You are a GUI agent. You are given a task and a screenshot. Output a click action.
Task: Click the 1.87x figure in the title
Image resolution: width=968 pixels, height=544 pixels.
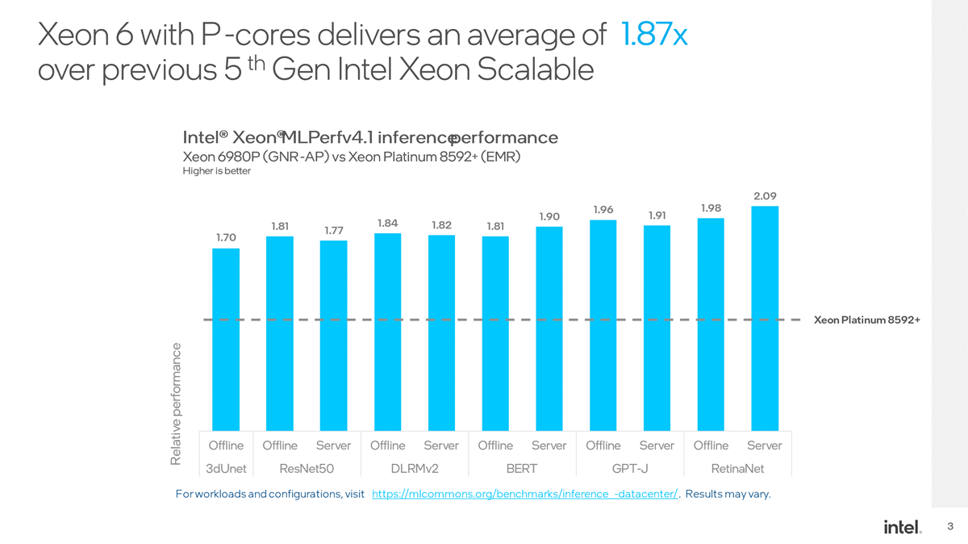[654, 35]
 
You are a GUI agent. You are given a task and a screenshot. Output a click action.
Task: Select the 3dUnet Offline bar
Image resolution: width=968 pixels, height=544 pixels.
[226, 339]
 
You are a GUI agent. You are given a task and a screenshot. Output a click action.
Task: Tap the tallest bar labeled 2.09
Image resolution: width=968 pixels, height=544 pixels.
[765, 318]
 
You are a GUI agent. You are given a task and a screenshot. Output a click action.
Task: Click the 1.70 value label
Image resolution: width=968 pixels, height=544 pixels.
[226, 237]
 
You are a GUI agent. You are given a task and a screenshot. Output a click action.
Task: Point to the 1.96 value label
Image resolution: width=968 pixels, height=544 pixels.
[603, 210]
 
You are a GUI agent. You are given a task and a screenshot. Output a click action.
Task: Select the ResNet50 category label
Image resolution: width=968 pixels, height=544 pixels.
[307, 468]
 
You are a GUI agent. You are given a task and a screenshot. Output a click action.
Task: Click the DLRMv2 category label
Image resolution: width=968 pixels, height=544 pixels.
[415, 468]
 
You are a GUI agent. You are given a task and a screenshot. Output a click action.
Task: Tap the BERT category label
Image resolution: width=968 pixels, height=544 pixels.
[522, 468]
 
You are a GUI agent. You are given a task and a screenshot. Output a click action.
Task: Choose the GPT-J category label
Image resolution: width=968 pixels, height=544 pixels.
[630, 468]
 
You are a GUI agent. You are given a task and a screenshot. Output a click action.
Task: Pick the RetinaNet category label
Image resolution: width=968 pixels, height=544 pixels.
[737, 468]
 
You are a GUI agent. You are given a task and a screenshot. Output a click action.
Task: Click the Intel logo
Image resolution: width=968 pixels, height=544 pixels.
[903, 527]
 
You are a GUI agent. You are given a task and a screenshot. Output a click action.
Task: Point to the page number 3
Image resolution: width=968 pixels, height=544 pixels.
[950, 527]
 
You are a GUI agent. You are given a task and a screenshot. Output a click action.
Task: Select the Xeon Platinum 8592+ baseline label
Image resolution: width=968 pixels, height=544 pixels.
[867, 320]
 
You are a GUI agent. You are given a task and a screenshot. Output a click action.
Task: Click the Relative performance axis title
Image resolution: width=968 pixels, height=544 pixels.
[176, 404]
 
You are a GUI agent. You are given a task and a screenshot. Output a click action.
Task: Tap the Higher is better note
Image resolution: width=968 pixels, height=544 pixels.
[217, 171]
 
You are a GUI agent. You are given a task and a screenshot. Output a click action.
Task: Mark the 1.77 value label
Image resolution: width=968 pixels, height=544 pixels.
[334, 231]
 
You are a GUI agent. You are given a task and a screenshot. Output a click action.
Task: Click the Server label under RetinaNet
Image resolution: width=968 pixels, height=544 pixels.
[764, 446]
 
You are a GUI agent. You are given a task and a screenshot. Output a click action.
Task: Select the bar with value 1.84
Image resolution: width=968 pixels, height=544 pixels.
[388, 331]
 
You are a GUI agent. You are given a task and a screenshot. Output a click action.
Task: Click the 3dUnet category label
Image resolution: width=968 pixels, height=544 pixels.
[226, 468]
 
